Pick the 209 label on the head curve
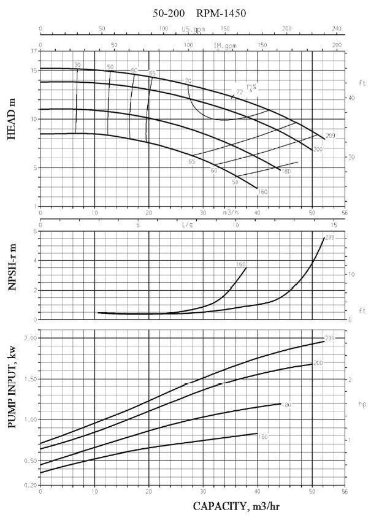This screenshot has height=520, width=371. [x=331, y=136]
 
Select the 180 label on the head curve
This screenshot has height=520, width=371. [x=285, y=171]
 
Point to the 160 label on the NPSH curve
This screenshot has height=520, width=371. [x=241, y=264]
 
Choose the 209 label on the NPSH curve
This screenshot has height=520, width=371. [x=329, y=237]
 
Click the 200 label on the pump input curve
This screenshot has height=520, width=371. [x=318, y=364]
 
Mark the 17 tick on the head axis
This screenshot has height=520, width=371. [x=32, y=51]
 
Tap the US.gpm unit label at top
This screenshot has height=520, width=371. [x=194, y=29]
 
